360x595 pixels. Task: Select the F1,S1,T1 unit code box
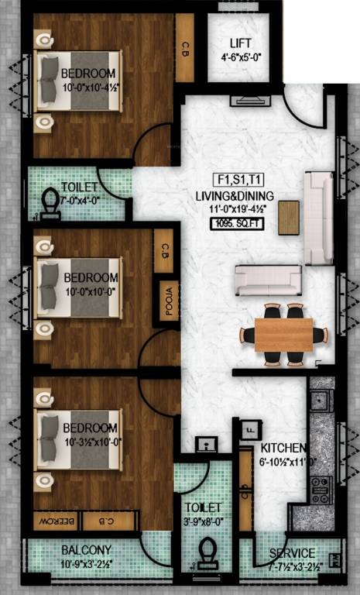point(233,178)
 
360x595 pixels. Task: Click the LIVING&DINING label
point(233,196)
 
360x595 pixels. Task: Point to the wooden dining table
point(283,334)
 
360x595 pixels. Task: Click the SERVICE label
point(292,553)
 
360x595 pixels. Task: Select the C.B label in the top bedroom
point(186,48)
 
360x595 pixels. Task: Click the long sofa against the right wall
point(316,218)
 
